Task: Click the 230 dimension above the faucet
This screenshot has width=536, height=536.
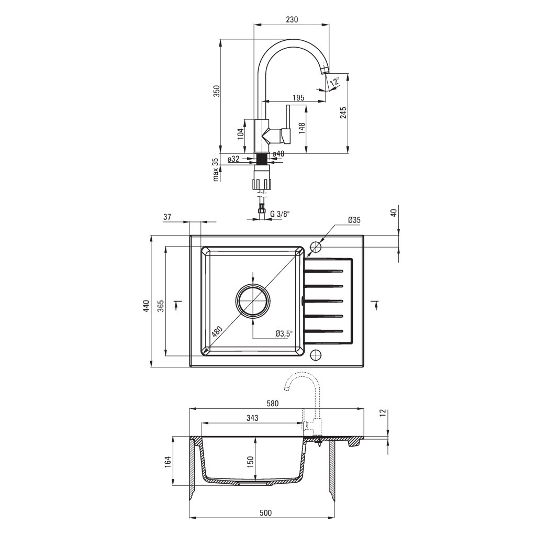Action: [292, 19]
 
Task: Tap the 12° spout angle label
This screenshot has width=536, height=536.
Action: [334, 81]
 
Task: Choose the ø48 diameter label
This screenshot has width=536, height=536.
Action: [278, 154]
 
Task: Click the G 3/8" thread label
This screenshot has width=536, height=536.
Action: [280, 214]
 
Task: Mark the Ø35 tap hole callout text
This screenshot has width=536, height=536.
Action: [354, 220]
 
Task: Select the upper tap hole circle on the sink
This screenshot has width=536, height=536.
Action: [316, 247]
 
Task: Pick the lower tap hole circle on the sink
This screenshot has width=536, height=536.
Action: [316, 354]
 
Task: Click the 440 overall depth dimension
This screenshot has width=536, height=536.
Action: [147, 306]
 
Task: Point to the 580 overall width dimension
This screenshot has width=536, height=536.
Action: [272, 404]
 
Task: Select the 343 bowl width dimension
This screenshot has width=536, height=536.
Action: [251, 418]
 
